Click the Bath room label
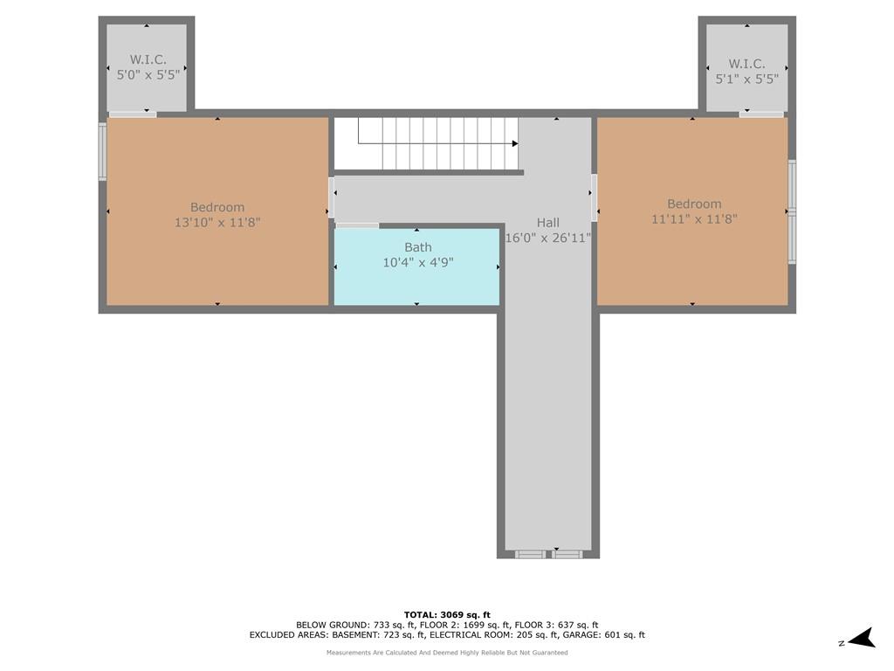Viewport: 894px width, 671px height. tap(418, 247)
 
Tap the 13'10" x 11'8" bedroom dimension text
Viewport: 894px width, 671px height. tap(217, 222)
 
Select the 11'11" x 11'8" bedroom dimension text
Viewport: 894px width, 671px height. tap(694, 218)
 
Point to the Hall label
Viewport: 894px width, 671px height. tap(548, 223)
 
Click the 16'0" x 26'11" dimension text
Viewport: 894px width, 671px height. tap(548, 238)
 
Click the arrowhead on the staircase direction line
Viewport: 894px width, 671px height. tap(515, 143)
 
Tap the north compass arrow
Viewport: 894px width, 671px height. tap(862, 639)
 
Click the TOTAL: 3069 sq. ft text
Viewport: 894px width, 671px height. tap(447, 614)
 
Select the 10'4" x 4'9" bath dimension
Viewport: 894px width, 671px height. tap(418, 262)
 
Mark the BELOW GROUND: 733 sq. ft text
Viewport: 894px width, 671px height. tap(355, 625)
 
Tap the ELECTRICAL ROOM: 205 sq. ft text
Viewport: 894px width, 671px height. tap(493, 634)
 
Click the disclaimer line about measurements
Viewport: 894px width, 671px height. tap(447, 652)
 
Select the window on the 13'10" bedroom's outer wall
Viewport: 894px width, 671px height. tap(103, 152)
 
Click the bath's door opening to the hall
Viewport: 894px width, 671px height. tap(357, 225)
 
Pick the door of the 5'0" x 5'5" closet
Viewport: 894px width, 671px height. tap(133, 114)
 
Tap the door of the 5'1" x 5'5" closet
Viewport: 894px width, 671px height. tap(761, 114)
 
